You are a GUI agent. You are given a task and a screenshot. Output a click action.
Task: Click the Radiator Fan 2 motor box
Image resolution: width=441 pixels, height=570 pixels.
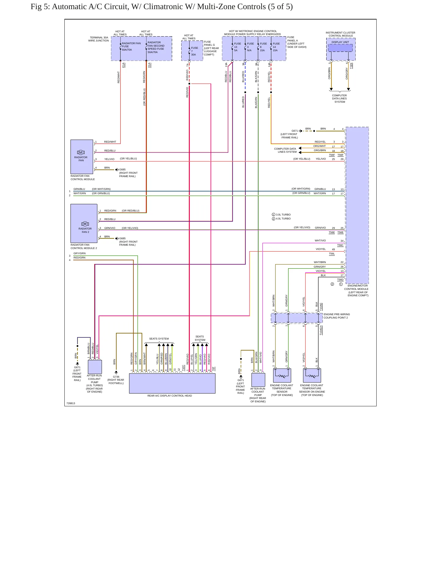84,223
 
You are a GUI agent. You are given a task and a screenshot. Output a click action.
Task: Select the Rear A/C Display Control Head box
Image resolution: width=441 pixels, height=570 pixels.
172,383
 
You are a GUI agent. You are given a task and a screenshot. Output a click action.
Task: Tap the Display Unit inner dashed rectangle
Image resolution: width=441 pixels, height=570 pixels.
340,48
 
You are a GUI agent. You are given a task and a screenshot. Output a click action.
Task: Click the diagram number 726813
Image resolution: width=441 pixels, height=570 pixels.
71,403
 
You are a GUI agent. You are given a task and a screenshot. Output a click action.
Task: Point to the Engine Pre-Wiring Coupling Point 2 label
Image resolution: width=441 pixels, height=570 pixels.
337,316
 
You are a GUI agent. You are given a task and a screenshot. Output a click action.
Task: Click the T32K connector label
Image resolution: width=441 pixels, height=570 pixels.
351,66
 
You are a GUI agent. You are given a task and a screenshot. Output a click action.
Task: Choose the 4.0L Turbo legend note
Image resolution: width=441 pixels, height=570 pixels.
281,219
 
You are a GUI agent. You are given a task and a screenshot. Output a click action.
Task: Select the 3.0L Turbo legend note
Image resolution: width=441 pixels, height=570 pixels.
281,215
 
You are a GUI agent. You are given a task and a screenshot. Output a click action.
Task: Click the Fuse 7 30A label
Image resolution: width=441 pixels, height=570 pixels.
194,51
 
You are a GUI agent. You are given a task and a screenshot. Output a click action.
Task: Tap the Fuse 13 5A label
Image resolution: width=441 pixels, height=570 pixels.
237,47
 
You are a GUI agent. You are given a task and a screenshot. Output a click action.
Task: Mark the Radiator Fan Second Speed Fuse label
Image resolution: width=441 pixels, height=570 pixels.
156,47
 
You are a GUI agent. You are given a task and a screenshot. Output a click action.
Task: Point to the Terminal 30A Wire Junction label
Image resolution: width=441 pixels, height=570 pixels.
99,39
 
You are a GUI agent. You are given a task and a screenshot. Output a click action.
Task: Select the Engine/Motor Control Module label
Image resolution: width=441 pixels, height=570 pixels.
356,290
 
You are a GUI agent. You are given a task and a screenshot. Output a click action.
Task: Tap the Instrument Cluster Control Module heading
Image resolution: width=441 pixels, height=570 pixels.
340,34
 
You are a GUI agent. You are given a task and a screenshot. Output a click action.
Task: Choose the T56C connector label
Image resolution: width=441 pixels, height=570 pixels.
340,245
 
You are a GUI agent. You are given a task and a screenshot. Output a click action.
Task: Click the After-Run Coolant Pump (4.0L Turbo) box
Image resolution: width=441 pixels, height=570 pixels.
95,367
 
